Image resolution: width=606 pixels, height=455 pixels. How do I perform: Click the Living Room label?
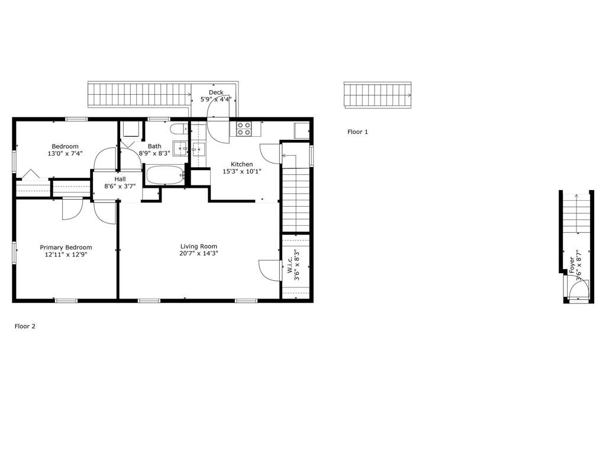(x=199, y=246)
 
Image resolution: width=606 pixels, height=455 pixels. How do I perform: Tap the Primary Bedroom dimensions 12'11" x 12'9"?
(x=66, y=255)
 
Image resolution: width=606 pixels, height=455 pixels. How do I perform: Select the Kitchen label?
(x=242, y=165)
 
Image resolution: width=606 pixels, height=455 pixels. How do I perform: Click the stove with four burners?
(x=244, y=129)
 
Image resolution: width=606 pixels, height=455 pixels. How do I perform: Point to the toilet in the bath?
(x=179, y=129)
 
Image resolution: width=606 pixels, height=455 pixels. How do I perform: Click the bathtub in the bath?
(x=165, y=175)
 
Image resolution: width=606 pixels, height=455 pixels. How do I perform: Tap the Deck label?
(x=216, y=92)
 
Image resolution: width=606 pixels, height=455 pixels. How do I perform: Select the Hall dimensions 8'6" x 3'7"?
(x=120, y=186)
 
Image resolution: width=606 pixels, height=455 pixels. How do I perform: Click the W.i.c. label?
(x=290, y=265)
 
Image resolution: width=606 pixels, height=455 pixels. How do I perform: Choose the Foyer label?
(x=572, y=265)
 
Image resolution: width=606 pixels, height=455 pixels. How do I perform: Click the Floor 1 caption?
(x=357, y=132)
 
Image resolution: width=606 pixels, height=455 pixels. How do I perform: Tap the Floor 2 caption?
(x=25, y=326)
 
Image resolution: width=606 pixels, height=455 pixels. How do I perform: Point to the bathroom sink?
(x=180, y=148)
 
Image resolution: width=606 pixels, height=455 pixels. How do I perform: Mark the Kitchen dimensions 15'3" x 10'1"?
(x=242, y=171)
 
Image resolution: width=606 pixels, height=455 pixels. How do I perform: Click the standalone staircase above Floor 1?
(x=378, y=95)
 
